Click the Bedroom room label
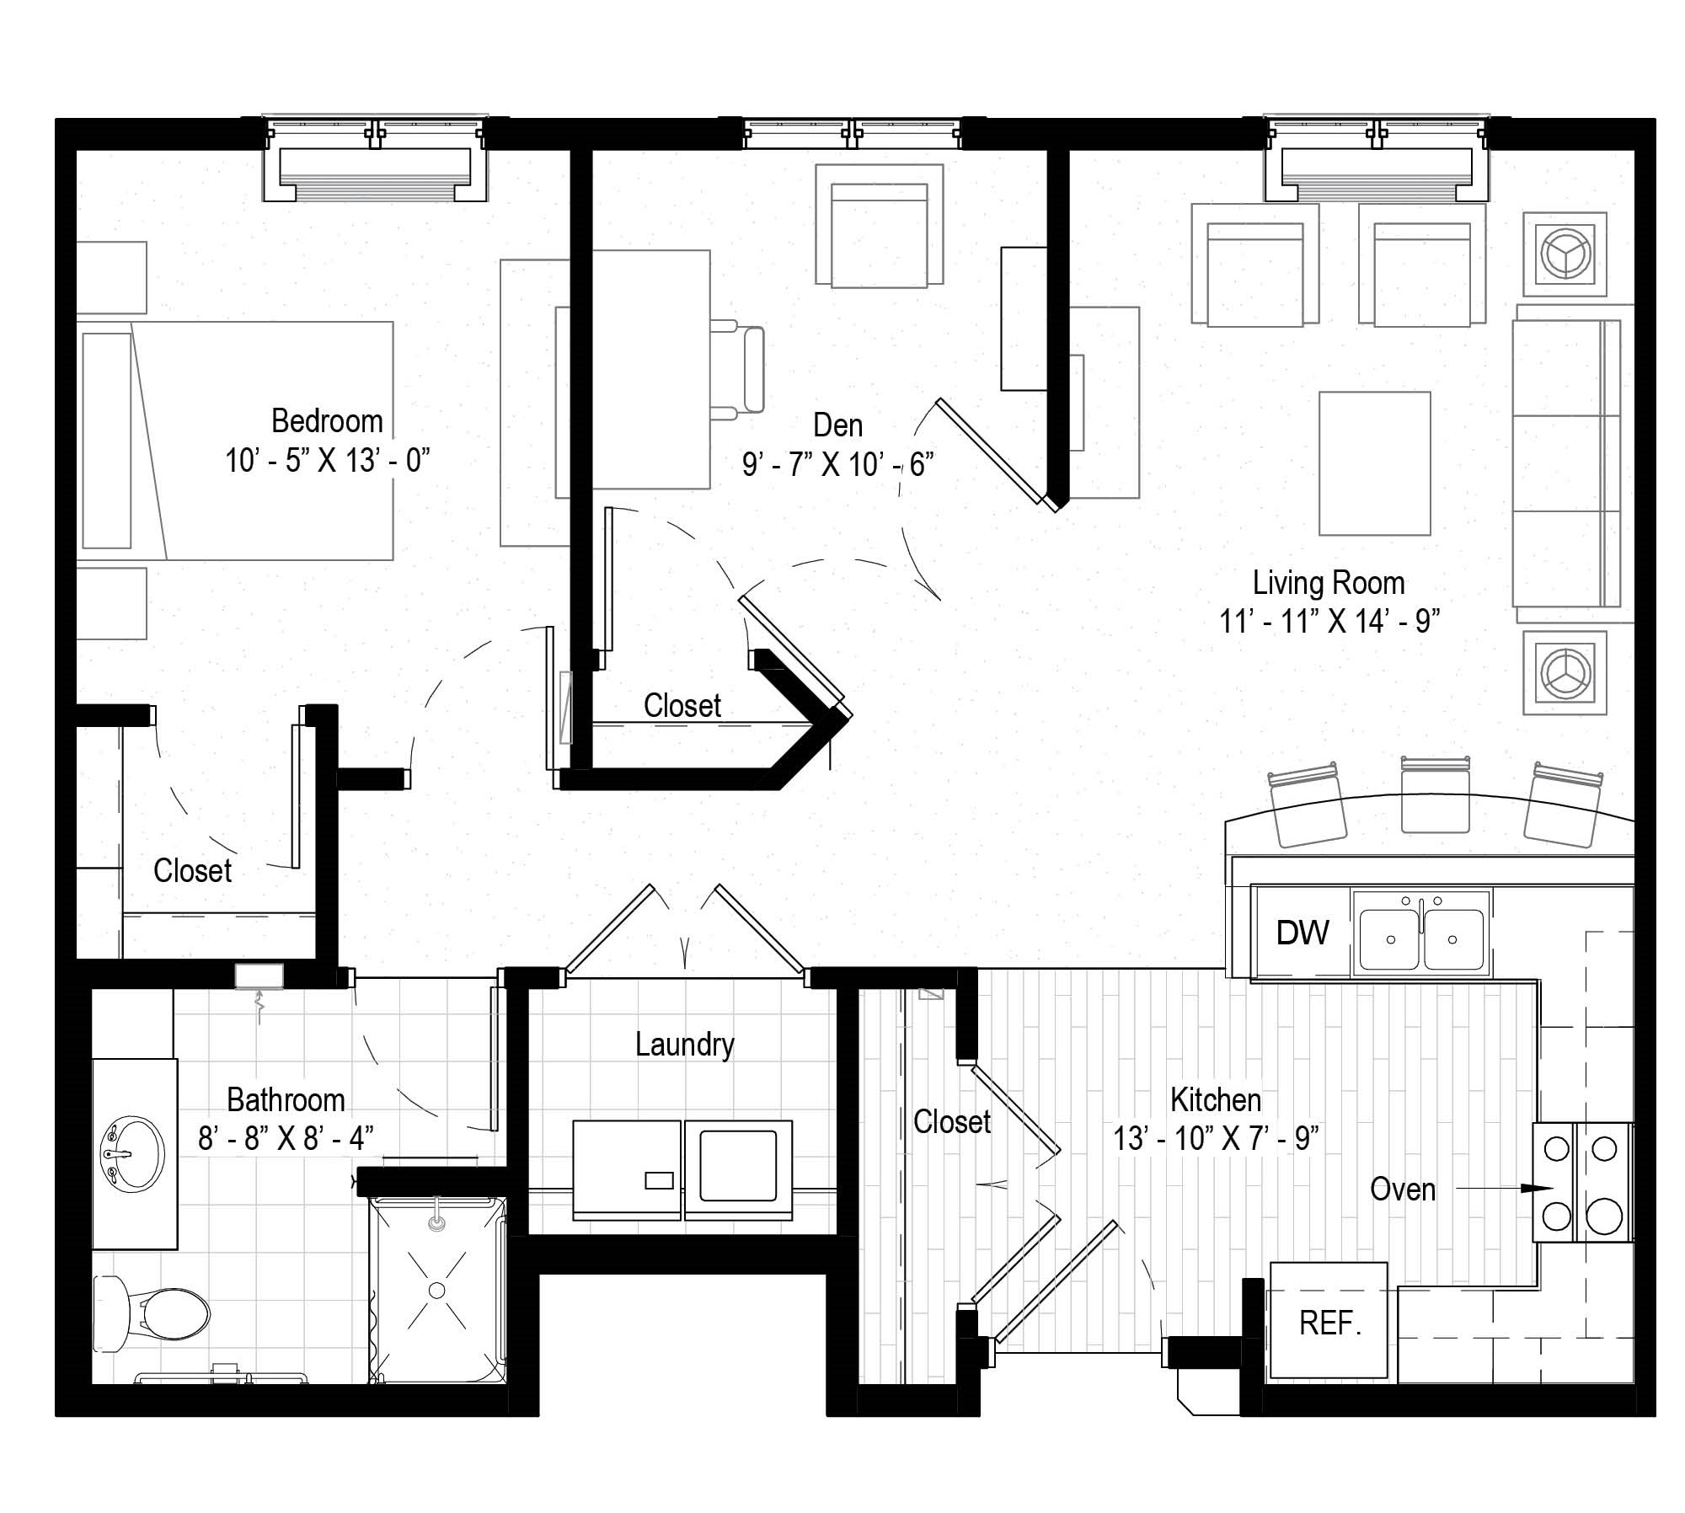(x=327, y=420)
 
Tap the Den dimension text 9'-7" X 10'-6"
(x=837, y=464)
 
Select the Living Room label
(x=1329, y=582)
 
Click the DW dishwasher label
(x=1303, y=933)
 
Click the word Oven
(x=1403, y=1189)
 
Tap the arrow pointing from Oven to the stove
(x=1505, y=1189)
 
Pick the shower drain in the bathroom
(x=436, y=1291)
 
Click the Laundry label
(x=684, y=1045)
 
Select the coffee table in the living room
(x=1374, y=463)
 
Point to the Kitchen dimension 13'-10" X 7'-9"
(x=1216, y=1139)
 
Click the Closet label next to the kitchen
(x=952, y=1121)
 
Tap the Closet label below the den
(x=682, y=705)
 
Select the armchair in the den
(x=879, y=226)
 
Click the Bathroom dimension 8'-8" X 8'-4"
(x=286, y=1139)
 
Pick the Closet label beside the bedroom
(x=192, y=870)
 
